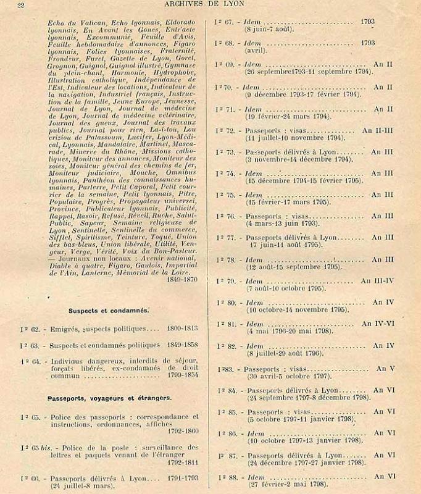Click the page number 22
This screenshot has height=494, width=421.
tap(20, 6)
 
